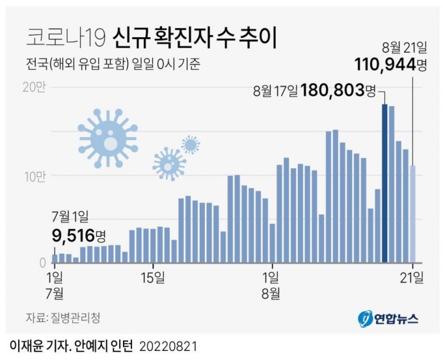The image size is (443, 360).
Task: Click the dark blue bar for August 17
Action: pos(385,182)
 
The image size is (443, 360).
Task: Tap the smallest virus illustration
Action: pos(190,144)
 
